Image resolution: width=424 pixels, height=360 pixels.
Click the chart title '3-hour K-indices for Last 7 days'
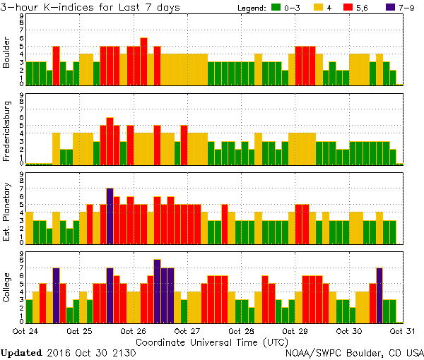[90, 7]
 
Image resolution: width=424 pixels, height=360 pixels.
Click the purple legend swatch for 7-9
[394, 8]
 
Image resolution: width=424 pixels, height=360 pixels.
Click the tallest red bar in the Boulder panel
[143, 61]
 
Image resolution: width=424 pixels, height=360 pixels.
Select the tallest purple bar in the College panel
[157, 290]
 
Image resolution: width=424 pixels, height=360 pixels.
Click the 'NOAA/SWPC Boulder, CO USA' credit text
[354, 352]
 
